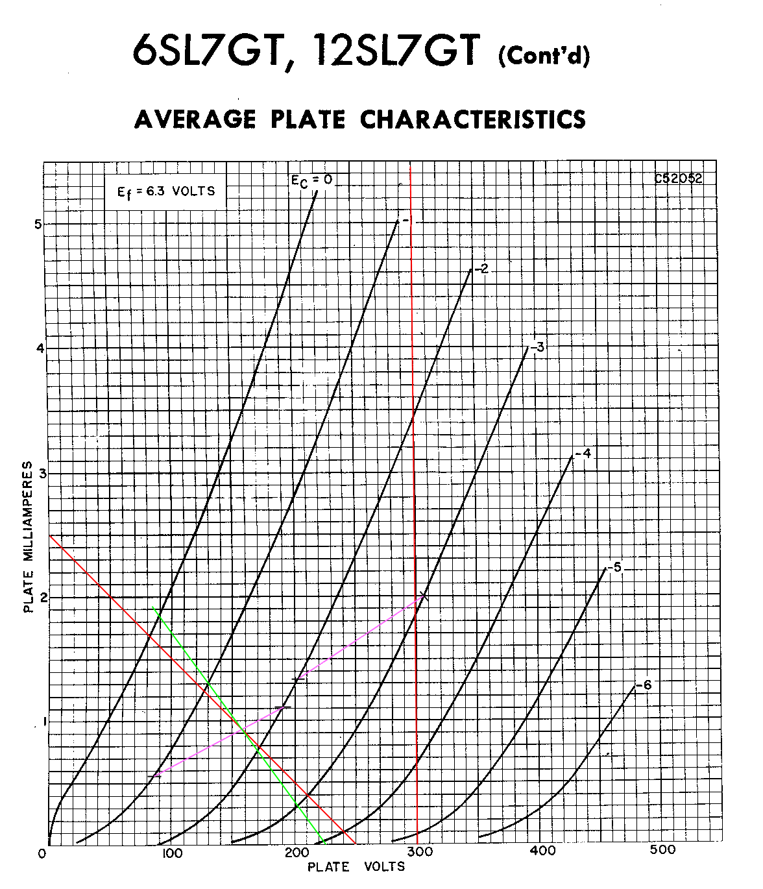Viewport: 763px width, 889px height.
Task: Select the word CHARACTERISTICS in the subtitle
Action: [472, 119]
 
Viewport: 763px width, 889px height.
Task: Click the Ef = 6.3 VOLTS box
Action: [165, 191]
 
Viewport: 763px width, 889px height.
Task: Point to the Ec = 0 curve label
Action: [311, 180]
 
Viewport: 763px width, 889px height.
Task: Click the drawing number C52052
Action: [678, 179]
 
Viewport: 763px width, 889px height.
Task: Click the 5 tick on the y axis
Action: [38, 225]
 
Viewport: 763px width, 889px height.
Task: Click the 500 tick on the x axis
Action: [662, 850]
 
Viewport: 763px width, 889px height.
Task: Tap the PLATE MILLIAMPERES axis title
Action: [28, 537]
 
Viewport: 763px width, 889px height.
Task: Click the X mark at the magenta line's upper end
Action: [422, 596]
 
